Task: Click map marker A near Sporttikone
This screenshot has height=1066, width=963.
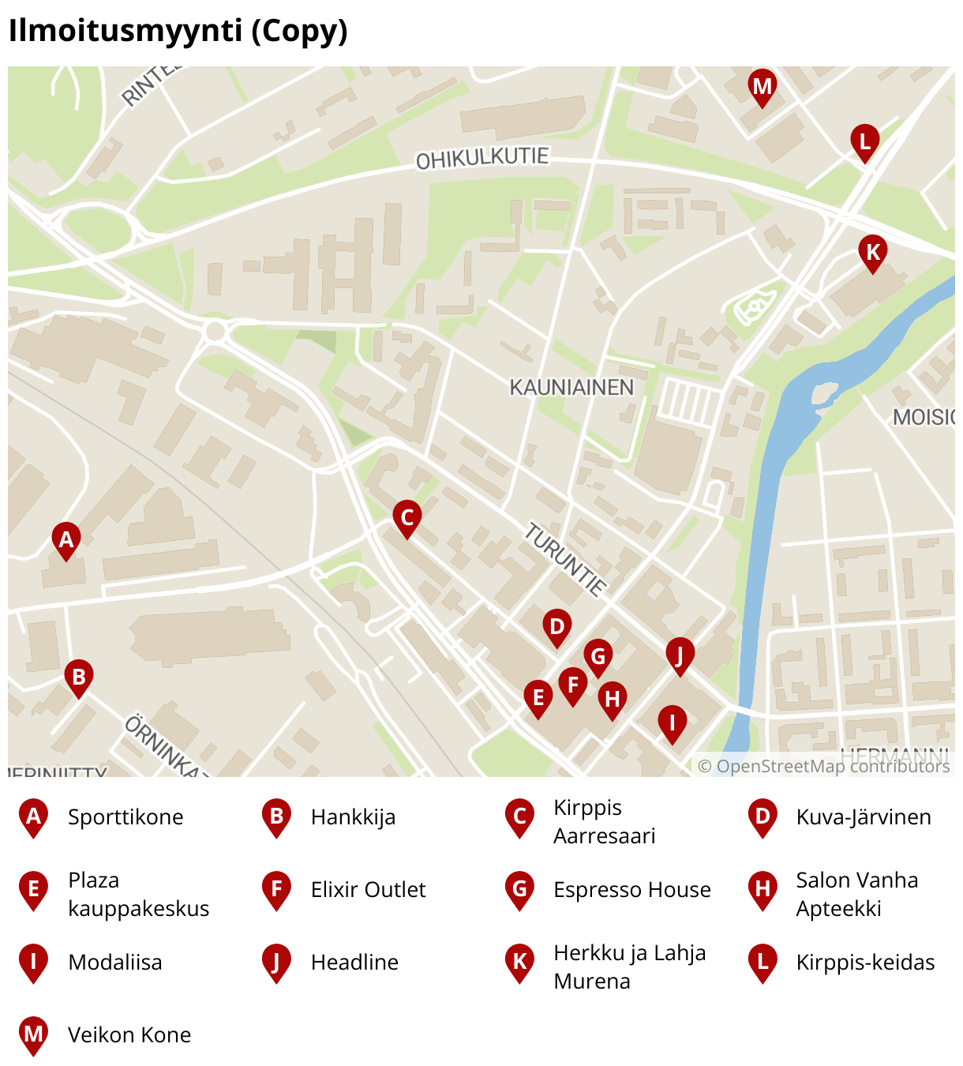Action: click(66, 539)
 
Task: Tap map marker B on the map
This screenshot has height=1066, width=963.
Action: click(79, 677)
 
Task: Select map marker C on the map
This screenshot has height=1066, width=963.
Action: click(407, 517)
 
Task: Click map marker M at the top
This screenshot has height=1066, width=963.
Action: click(762, 85)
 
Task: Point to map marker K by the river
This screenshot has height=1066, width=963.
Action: click(873, 252)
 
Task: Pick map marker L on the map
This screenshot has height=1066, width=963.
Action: click(865, 141)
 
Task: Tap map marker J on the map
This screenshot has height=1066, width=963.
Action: click(680, 654)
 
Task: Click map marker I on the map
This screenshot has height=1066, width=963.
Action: click(673, 722)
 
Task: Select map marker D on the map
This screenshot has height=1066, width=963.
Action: click(557, 626)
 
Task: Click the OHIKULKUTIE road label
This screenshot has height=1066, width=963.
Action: click(482, 158)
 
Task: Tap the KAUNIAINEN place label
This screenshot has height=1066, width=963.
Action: click(571, 388)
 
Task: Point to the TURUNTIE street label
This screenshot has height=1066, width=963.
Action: click(565, 559)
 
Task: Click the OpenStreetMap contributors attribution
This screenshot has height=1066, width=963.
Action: click(823, 766)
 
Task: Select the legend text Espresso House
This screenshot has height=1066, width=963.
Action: click(631, 890)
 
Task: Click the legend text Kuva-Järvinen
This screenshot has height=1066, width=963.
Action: click(864, 817)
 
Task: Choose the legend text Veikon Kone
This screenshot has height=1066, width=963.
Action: click(129, 1035)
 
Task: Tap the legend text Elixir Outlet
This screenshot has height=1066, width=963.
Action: click(368, 890)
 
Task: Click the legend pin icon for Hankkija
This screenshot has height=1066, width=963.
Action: click(276, 817)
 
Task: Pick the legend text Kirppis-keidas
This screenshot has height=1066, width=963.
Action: click(865, 963)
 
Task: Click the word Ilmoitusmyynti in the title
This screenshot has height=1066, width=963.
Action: click(125, 31)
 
